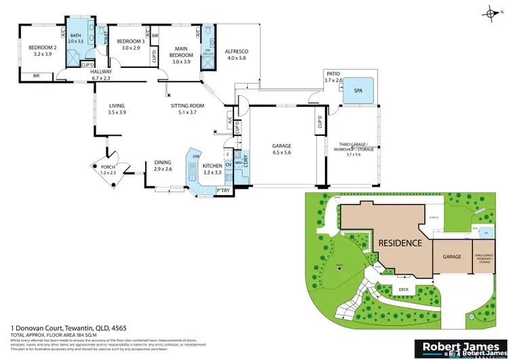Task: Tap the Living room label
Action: click(117, 109)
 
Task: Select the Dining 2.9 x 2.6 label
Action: click(163, 165)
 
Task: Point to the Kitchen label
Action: click(212, 169)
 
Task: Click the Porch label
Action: click(108, 170)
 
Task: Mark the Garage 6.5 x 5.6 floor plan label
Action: click(282, 149)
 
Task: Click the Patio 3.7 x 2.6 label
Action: click(335, 77)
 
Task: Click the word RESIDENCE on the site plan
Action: click(400, 242)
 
